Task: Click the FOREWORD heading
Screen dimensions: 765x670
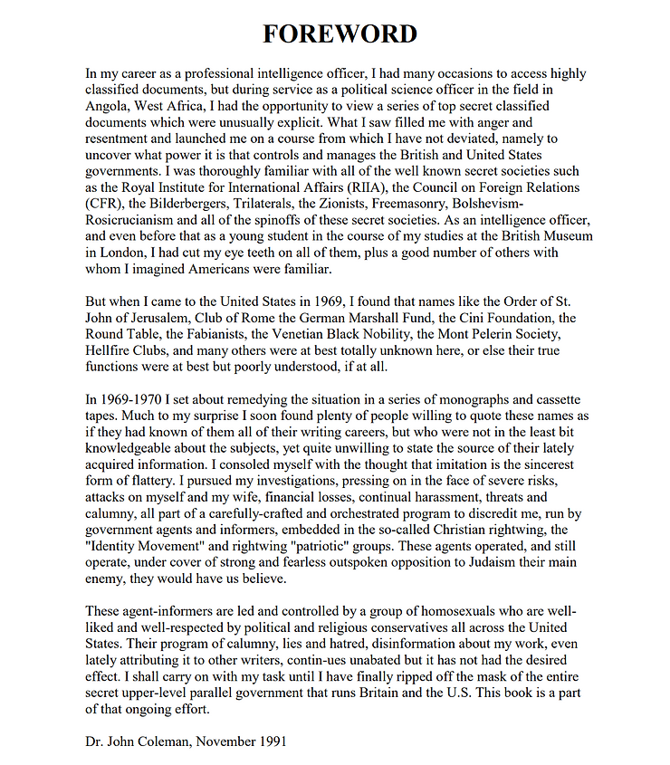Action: pyautogui.click(x=340, y=34)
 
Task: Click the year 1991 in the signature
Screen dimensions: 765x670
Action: pyautogui.click(x=270, y=741)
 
